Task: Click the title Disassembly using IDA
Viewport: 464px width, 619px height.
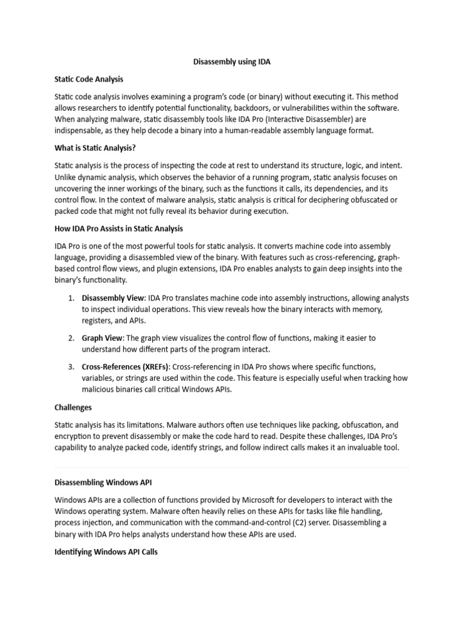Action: click(x=232, y=62)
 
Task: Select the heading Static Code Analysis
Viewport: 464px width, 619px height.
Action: click(x=89, y=79)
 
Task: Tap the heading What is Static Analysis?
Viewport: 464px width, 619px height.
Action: click(x=93, y=148)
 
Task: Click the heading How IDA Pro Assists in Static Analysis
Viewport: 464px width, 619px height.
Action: click(x=118, y=228)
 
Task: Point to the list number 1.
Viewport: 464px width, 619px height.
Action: click(x=71, y=298)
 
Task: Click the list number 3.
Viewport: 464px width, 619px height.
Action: click(x=71, y=367)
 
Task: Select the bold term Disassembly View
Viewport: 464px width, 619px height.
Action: click(x=113, y=298)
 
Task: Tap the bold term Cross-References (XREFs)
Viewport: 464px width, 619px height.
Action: click(x=126, y=367)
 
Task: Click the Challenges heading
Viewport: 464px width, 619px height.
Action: click(x=73, y=407)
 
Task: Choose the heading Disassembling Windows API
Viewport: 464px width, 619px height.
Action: click(x=103, y=483)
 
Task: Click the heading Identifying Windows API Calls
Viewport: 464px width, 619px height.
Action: click(x=106, y=552)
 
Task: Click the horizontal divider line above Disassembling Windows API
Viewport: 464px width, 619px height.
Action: click(x=232, y=467)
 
